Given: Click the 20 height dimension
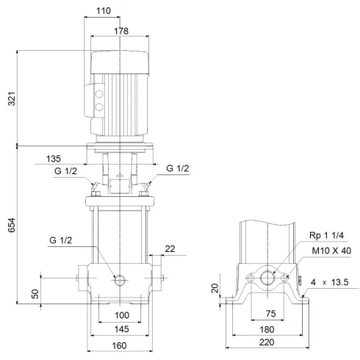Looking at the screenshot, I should pos(214,288).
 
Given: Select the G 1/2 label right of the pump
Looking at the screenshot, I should pos(177,169).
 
